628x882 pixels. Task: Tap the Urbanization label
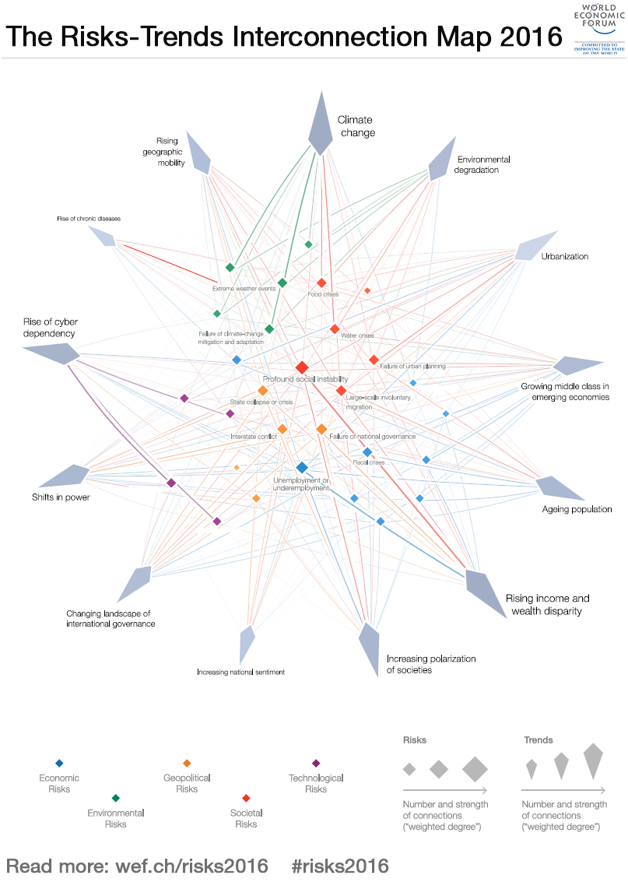(x=565, y=256)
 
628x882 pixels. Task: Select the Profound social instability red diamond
(x=302, y=367)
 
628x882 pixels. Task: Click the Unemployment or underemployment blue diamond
(x=302, y=467)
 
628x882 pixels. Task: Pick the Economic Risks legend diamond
(x=59, y=763)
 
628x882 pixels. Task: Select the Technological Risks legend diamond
(x=316, y=763)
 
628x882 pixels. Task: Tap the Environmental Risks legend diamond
(x=115, y=798)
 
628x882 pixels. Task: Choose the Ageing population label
(x=577, y=509)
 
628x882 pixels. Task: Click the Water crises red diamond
(x=335, y=329)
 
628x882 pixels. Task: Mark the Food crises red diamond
(x=321, y=283)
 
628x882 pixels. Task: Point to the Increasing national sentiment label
(x=240, y=672)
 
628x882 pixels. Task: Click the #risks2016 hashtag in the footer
(x=339, y=866)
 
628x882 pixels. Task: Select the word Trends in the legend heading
(x=539, y=740)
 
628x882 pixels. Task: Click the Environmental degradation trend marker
(x=443, y=159)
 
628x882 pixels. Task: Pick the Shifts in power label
(x=61, y=497)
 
